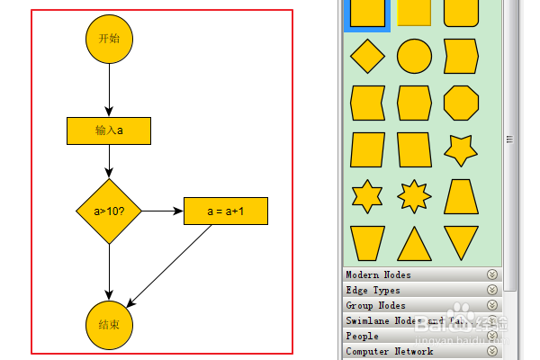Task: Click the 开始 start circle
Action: pos(109,39)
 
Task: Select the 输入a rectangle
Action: pos(109,130)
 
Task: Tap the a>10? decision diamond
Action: pos(109,211)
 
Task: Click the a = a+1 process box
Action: pos(226,211)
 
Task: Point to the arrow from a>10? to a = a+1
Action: pos(162,211)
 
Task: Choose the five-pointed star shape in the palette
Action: pos(461,149)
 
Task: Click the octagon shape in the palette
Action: pos(461,103)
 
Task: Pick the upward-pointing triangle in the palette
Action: pos(414,243)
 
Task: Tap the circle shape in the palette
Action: pos(414,56)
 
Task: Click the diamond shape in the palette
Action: pos(367,56)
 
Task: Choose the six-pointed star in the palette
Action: pos(367,196)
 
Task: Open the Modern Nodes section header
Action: pos(379,274)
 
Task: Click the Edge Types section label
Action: pos(373,290)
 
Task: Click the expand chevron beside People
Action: pos(492,336)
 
